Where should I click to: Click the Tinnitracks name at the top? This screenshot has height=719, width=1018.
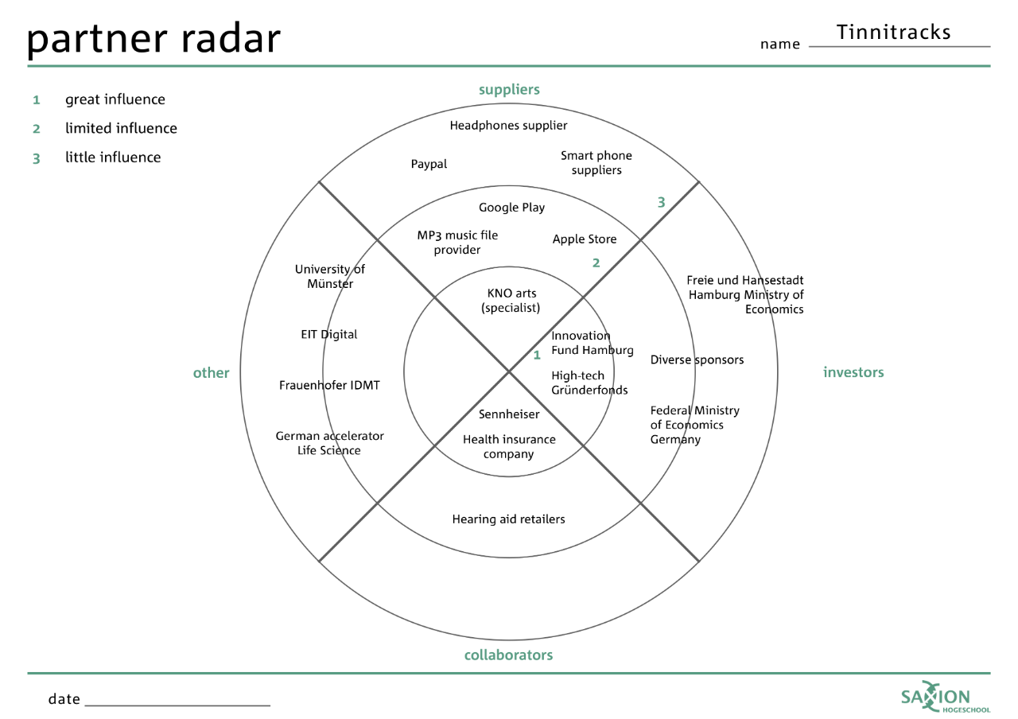point(893,33)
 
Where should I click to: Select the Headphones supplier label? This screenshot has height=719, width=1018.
point(508,126)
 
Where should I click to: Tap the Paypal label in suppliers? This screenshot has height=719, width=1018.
point(429,165)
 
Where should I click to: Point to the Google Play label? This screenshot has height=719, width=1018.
point(511,208)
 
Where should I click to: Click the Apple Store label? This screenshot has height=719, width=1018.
point(585,239)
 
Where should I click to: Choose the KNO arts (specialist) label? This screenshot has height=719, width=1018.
point(511,301)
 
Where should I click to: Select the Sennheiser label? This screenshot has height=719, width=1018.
point(509,414)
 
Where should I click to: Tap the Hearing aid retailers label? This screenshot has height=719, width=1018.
point(508,519)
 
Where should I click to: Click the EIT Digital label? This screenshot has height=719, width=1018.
point(328,335)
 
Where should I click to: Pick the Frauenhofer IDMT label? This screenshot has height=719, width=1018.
point(329,386)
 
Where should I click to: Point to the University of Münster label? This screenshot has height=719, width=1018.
point(329,277)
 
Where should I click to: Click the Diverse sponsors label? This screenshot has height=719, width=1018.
point(697,360)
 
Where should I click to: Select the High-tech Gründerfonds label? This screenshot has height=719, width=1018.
point(589,383)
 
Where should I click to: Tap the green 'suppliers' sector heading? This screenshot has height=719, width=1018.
point(509,90)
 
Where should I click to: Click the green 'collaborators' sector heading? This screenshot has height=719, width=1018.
point(508,655)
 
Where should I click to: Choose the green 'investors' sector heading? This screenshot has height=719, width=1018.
point(853,372)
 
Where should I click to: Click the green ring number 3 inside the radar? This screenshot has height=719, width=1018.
point(661,203)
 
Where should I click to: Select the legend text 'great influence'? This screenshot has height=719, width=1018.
point(115,99)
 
